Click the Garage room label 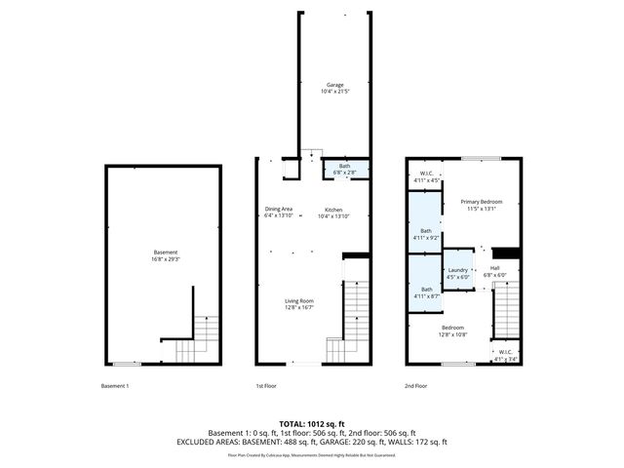(333, 89)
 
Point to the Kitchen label (333, 212)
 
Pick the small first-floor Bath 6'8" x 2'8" (344, 169)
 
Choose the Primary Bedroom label (482, 204)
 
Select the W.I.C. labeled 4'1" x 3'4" (505, 355)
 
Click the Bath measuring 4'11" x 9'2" (426, 233)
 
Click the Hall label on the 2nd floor (494, 271)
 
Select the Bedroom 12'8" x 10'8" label (452, 331)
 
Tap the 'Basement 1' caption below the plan (115, 386)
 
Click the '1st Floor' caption (267, 386)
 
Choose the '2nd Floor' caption (416, 386)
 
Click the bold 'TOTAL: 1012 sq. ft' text (311, 423)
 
